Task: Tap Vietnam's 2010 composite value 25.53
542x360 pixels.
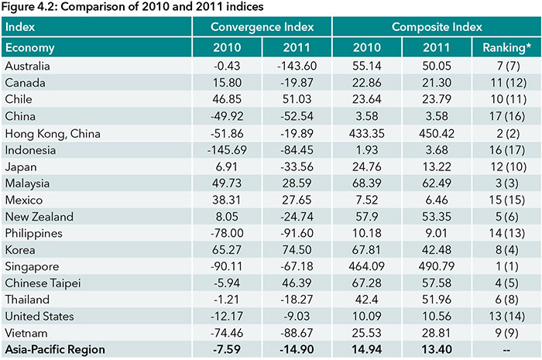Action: [x=366, y=333]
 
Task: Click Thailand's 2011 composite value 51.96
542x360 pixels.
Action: [x=436, y=299]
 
